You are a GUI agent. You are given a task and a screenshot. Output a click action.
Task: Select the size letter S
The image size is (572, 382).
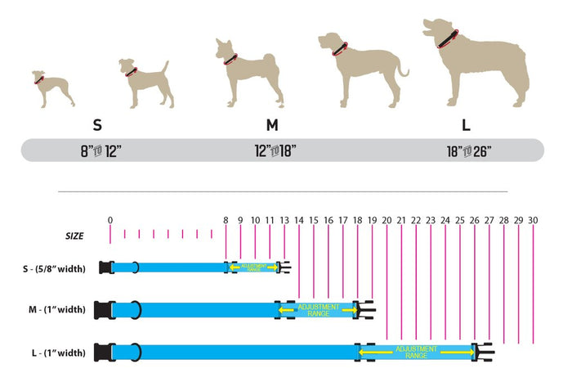tap(97, 125)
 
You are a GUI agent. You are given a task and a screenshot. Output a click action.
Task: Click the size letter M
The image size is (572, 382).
tap(272, 125)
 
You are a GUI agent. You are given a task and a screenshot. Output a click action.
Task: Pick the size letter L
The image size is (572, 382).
tap(467, 125)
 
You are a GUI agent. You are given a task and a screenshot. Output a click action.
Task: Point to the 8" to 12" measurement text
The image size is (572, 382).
tap(97, 151)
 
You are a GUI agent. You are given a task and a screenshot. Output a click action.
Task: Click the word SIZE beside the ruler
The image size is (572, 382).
tap(74, 236)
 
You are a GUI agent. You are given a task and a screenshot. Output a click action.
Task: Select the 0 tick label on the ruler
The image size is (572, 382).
tap(110, 220)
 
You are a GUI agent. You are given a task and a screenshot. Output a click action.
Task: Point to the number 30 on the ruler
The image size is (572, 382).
tap(533, 220)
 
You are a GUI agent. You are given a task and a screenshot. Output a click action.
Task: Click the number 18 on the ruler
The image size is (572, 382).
tap(357, 220)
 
